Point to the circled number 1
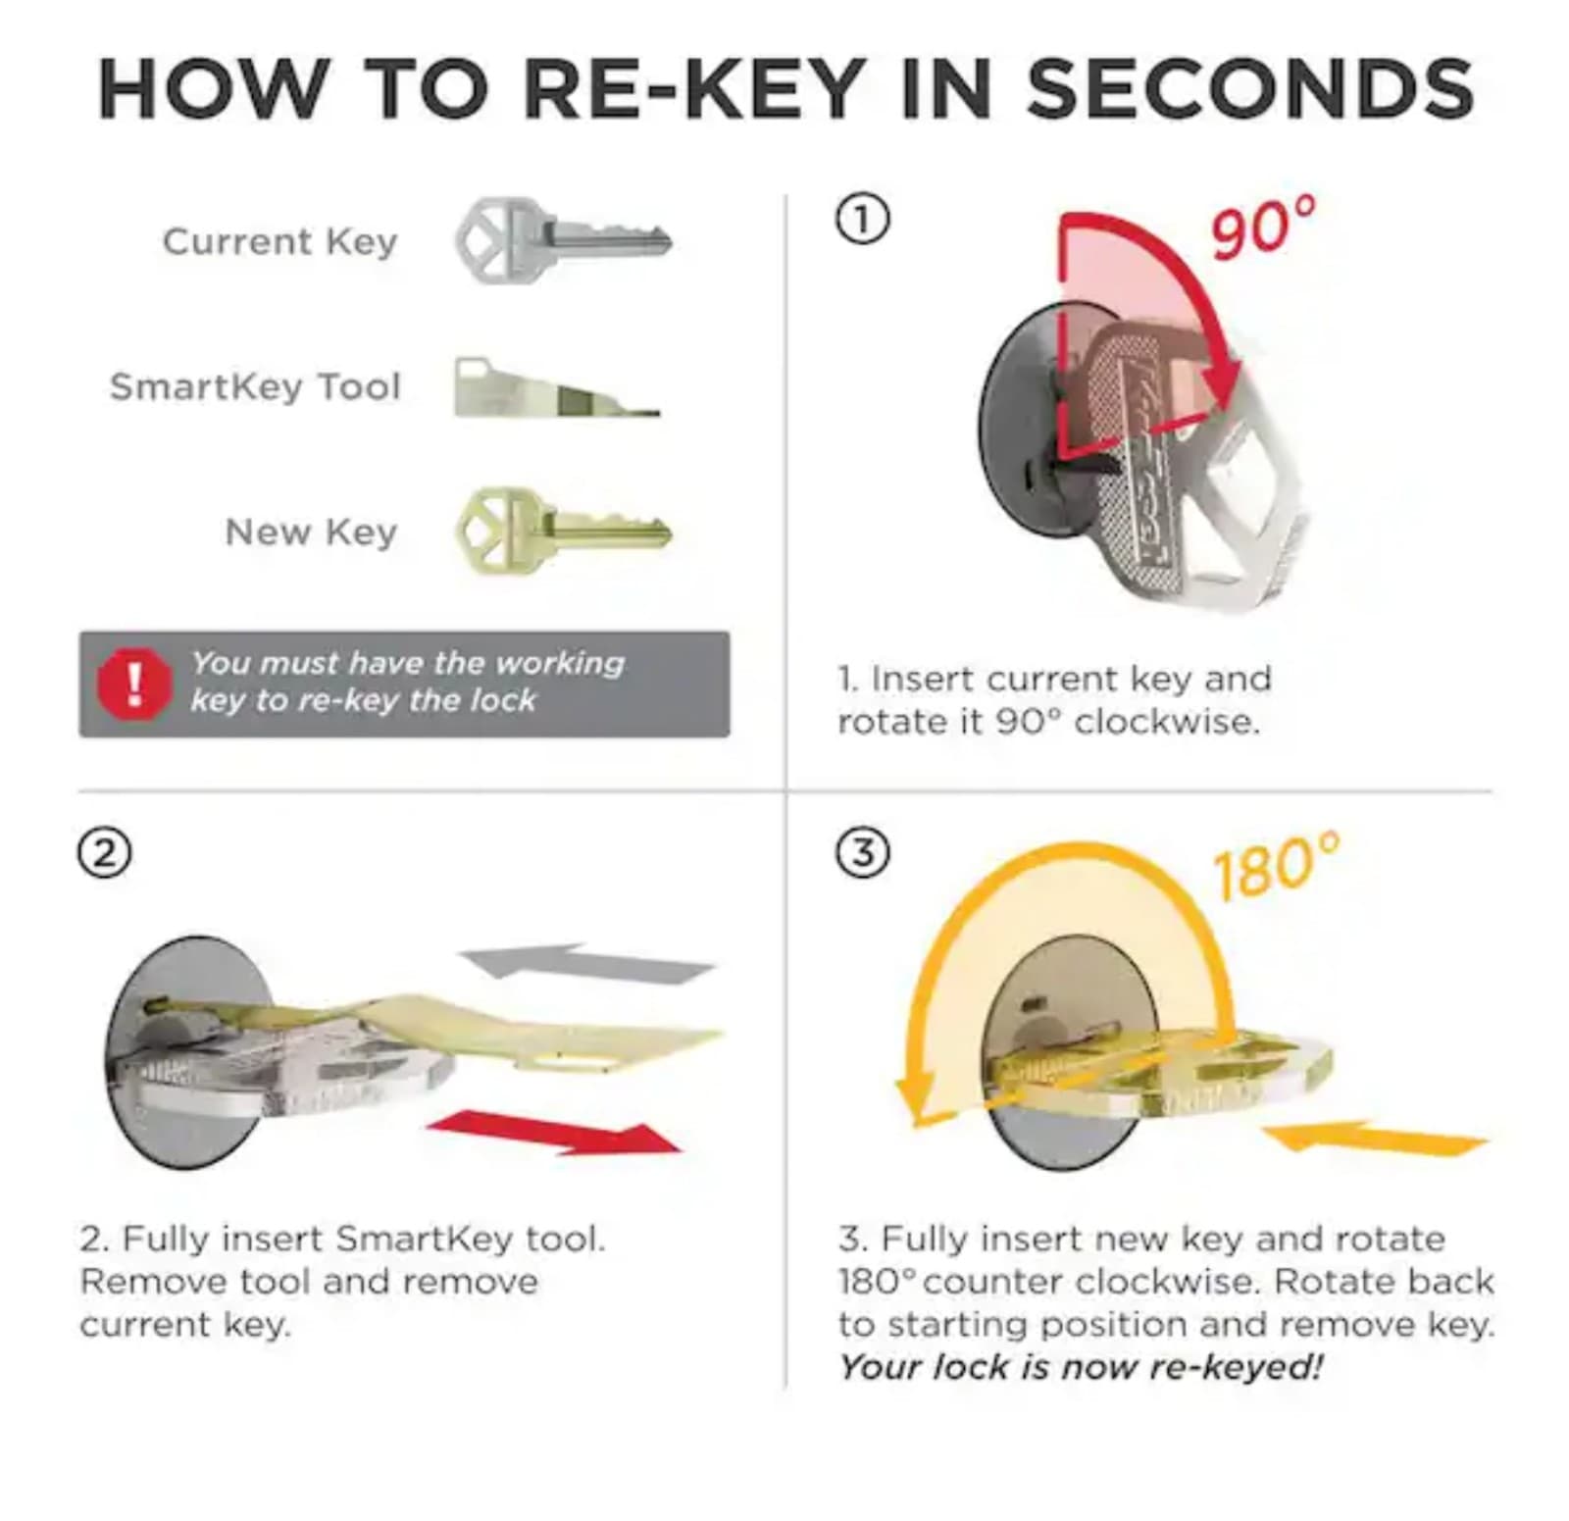click(x=862, y=220)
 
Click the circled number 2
click(x=104, y=853)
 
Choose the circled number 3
click(x=862, y=853)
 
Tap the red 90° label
click(x=1262, y=228)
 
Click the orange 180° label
click(x=1275, y=866)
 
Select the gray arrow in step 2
click(x=586, y=963)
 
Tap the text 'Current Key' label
click(x=280, y=241)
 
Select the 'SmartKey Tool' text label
click(x=255, y=386)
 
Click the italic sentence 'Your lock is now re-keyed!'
click(x=1081, y=1366)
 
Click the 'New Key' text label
click(x=311, y=532)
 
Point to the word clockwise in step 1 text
click(x=1166, y=722)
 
